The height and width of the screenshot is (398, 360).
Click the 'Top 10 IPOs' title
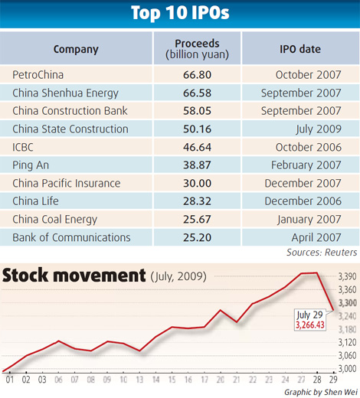180,14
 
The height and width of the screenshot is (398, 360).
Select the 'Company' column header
76,49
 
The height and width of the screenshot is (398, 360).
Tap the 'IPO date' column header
300,49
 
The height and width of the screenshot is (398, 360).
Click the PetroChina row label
38,75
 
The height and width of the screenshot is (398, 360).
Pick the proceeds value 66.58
198,93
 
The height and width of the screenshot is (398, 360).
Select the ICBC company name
25,147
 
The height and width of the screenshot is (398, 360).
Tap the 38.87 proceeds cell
198,165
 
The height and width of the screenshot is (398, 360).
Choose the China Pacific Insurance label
67,183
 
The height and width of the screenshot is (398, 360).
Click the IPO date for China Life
309,201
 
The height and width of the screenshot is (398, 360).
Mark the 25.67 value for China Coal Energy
198,219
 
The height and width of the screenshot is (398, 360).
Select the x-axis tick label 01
10,378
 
